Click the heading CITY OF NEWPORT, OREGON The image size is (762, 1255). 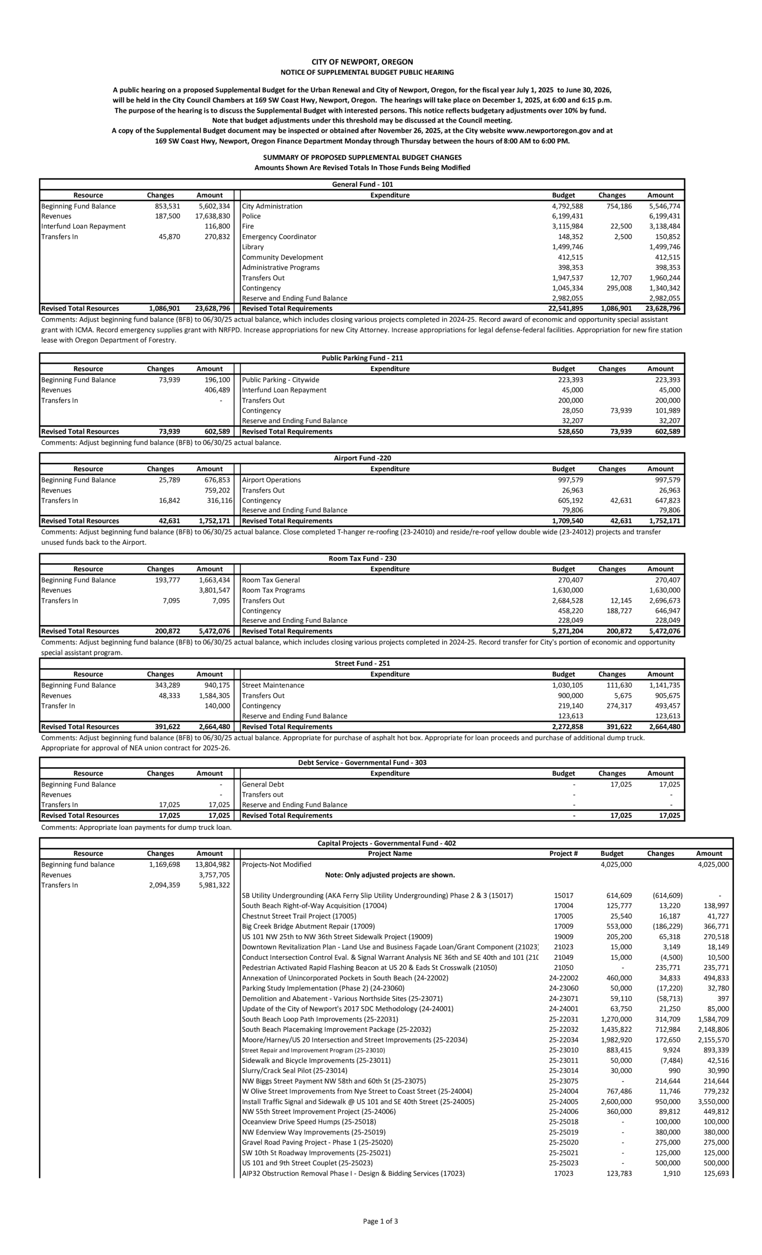click(362, 62)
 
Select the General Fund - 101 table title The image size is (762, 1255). click(362, 184)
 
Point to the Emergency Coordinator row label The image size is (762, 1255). click(279, 236)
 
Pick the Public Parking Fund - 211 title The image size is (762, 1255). click(362, 358)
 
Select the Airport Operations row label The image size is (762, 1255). click(271, 480)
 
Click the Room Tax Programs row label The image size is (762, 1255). click(273, 590)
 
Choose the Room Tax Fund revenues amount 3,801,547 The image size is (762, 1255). click(214, 590)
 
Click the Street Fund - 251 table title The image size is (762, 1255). click(362, 663)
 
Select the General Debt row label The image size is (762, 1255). click(263, 784)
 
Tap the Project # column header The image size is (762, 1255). click(563, 853)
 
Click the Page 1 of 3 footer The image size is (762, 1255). click(381, 1221)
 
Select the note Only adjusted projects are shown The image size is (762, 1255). click(390, 875)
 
